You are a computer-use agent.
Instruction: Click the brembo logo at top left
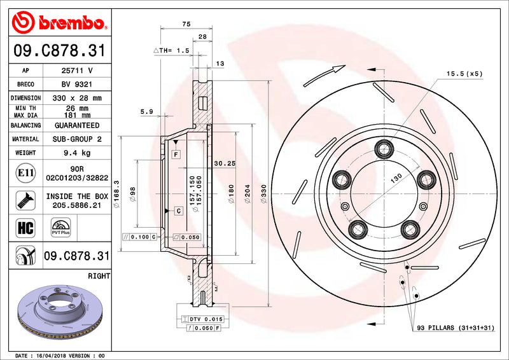click(x=58, y=23)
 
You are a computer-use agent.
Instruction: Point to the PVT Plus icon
click(x=60, y=228)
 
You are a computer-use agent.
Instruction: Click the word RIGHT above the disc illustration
click(x=101, y=276)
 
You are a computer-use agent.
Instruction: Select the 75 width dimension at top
click(x=186, y=24)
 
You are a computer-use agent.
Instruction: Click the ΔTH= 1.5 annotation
click(x=172, y=50)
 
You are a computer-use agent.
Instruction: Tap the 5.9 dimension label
click(x=146, y=112)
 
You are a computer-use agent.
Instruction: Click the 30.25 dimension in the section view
click(x=225, y=163)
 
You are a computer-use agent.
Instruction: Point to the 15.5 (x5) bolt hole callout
click(x=464, y=74)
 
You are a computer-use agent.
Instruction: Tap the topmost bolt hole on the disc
click(x=384, y=149)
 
